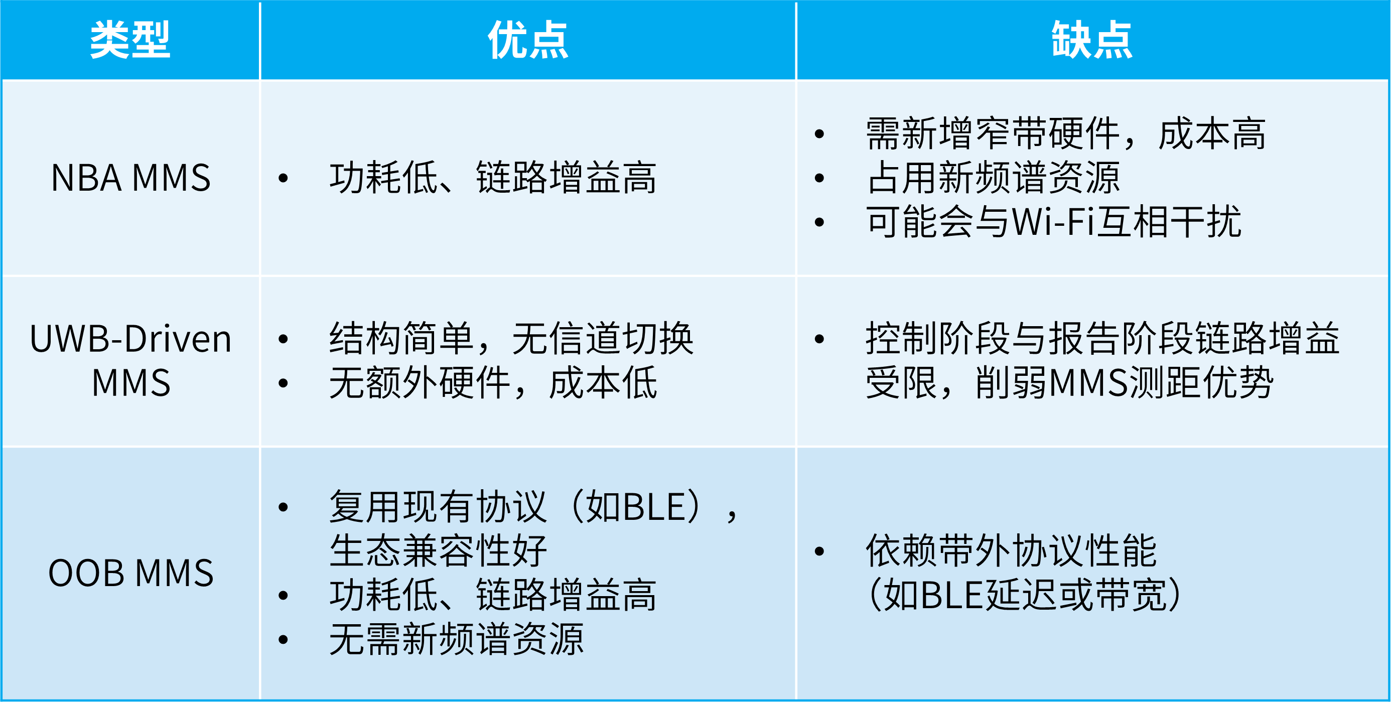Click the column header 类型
pos(130,40)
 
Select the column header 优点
pos(528,40)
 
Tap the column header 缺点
pos(1092,40)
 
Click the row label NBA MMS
pos(131,178)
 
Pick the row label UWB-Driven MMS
pos(131,360)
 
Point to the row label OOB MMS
pos(131,573)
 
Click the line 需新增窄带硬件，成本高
pos(1066,133)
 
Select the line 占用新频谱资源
pos(993,178)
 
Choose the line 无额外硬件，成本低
pos(493,382)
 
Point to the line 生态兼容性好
pos(438,550)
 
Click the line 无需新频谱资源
pos(457,639)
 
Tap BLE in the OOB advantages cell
pos(655,507)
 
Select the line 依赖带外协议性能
pos(1011,550)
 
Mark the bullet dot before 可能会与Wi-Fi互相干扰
pos(820,222)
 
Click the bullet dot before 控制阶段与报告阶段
pos(820,339)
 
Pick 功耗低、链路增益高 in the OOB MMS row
pos(493,595)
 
